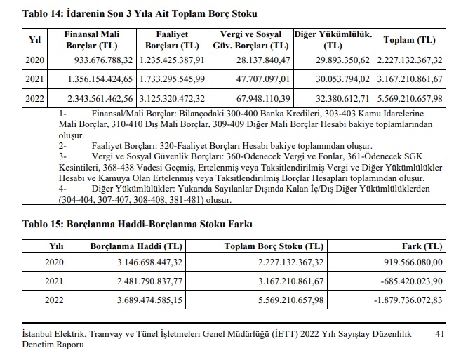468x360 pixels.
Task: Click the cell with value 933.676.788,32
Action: click(x=103, y=60)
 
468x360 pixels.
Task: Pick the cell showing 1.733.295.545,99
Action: click(x=173, y=78)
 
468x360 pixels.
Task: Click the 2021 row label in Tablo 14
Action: click(x=34, y=78)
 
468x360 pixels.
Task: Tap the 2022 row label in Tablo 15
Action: click(x=54, y=301)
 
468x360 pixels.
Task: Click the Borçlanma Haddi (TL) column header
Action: click(x=136, y=246)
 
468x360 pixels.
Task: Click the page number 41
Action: click(x=441, y=334)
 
